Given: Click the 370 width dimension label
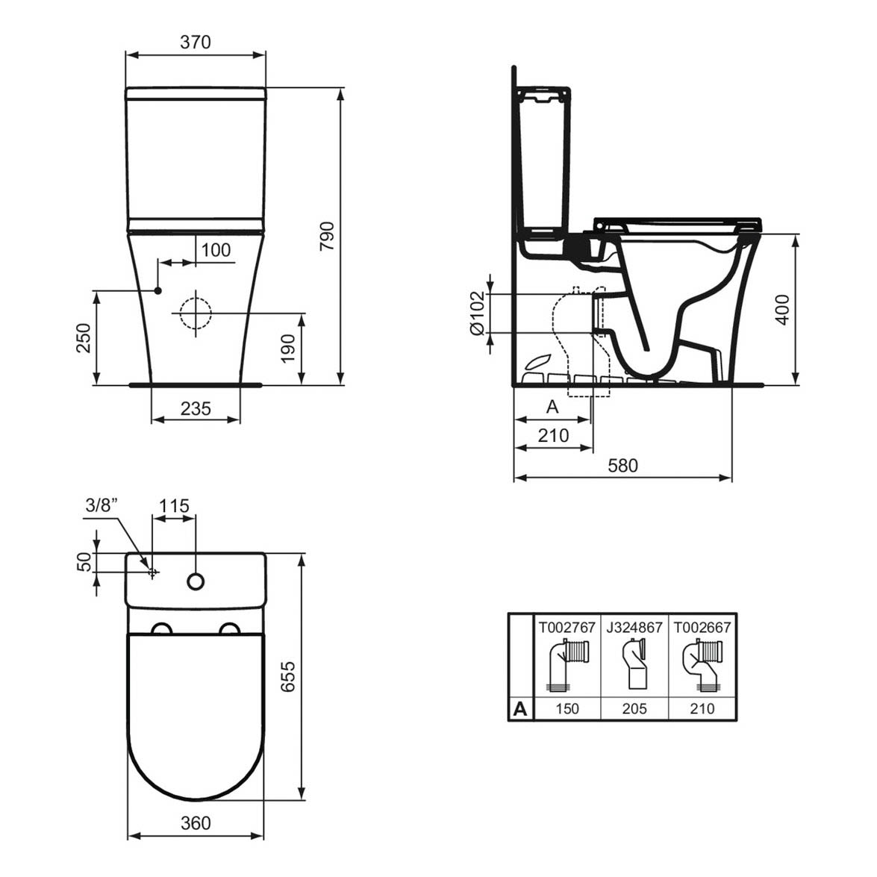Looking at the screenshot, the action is point(196,42).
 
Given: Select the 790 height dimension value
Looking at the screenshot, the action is point(327,236).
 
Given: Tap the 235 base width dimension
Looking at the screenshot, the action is point(196,408).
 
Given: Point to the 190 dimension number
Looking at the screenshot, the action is point(287,349).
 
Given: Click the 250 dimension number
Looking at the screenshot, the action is point(84,337).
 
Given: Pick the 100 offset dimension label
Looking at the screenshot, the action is point(216,250).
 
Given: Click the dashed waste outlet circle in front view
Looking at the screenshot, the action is point(196,313).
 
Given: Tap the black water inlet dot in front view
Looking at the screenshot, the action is point(157,290).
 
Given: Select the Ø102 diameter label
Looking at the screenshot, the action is point(478,313).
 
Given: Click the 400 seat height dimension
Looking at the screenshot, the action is point(782,309).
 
